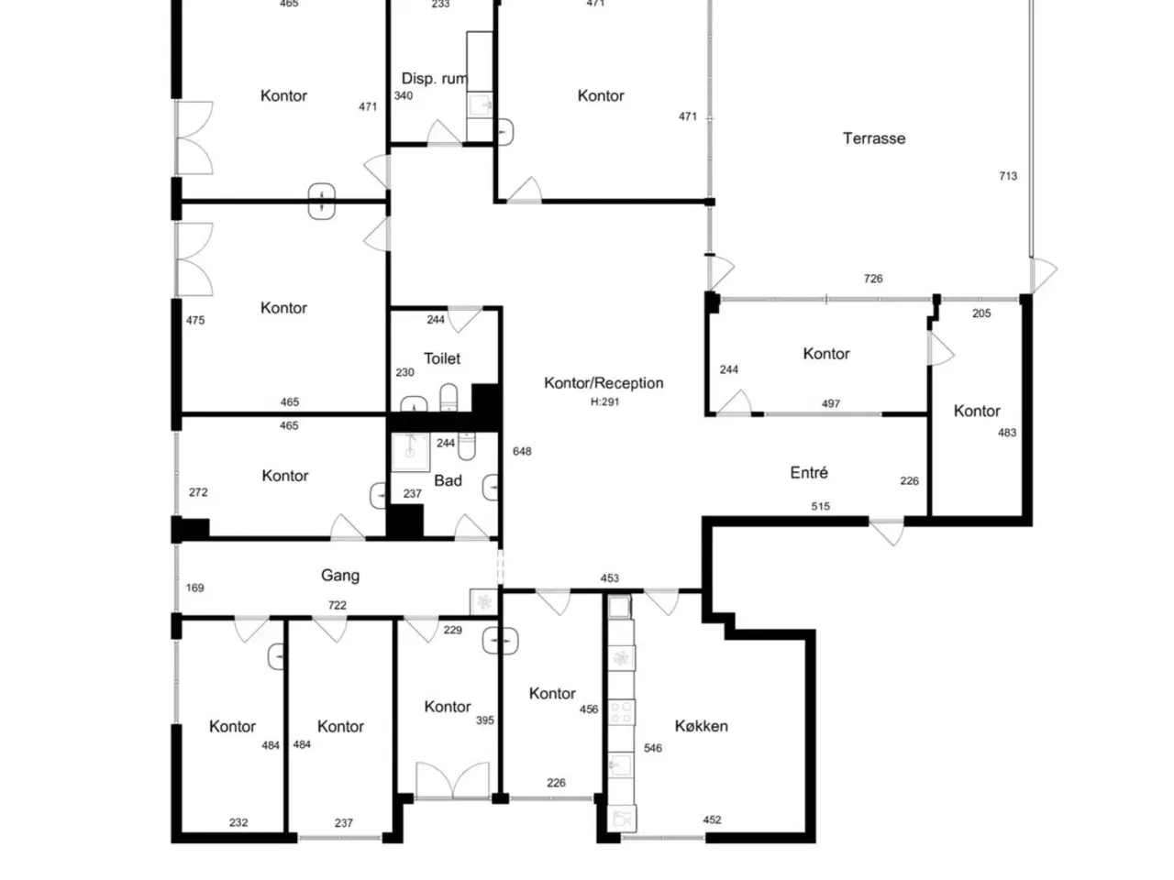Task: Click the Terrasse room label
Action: tap(874, 138)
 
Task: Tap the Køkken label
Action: tap(701, 726)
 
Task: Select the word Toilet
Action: tap(442, 358)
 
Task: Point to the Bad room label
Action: tap(448, 481)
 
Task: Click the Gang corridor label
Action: tap(340, 576)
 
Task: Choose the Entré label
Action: tap(809, 472)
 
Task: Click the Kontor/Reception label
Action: tap(604, 383)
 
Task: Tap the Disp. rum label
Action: tap(435, 79)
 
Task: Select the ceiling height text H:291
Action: tap(604, 401)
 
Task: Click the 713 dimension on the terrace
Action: tap(1008, 176)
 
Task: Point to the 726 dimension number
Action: tap(873, 279)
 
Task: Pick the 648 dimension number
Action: tap(522, 452)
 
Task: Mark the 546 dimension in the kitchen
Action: tap(652, 748)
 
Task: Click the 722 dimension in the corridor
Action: tap(337, 605)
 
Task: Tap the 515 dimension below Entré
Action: tap(821, 506)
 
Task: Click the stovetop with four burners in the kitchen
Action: tap(622, 711)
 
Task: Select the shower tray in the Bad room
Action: tap(410, 452)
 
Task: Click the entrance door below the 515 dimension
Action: tap(886, 531)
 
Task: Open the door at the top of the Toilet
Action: tap(464, 319)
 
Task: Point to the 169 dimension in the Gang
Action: tap(195, 588)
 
